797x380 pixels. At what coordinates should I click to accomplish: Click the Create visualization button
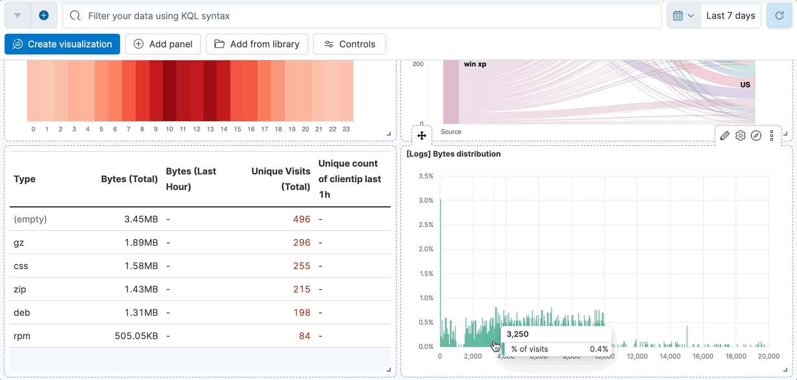[x=62, y=44]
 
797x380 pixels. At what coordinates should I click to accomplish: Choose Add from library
[x=257, y=44]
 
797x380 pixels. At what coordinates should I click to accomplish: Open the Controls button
[x=349, y=44]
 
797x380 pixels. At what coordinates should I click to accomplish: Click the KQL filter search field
[x=363, y=16]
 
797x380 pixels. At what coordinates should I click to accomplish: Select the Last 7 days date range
[x=731, y=16]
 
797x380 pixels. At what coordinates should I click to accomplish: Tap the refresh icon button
[x=779, y=16]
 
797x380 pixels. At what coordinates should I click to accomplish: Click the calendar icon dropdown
[x=683, y=16]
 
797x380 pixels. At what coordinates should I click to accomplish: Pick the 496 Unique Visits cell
[x=301, y=219]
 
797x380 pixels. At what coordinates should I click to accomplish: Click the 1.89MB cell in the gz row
[x=141, y=243]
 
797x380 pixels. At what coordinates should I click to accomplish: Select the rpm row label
[x=22, y=336]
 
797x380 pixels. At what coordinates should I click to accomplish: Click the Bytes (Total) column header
[x=129, y=179]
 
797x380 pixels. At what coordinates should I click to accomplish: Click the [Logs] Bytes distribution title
[x=454, y=154]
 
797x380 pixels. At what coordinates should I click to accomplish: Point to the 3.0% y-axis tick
[x=426, y=200]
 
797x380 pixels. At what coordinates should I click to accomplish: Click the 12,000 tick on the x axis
[x=637, y=356]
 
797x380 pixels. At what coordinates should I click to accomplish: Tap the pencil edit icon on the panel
[x=725, y=136]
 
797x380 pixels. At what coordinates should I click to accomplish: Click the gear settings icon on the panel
[x=741, y=136]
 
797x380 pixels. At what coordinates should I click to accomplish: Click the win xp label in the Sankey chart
[x=475, y=64]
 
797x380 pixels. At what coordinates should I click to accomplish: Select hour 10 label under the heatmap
[x=169, y=129]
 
